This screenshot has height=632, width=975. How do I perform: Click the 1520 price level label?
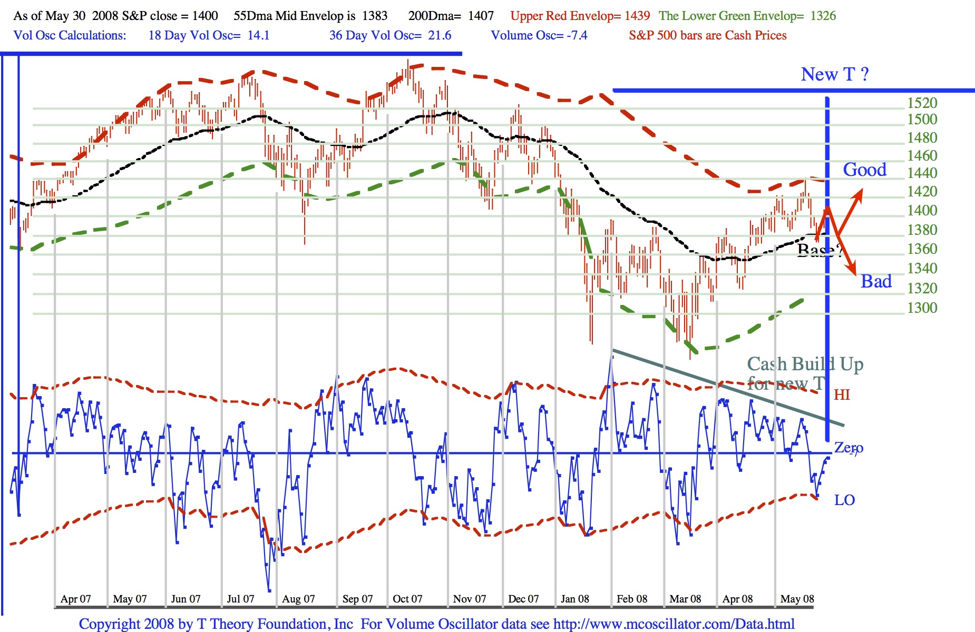pos(922,103)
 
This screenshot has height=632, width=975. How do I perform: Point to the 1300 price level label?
pos(922,308)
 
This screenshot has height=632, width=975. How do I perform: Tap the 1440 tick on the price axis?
pos(922,173)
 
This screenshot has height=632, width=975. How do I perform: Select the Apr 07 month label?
pos(75,599)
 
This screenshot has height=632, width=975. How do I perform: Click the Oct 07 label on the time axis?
pos(407,599)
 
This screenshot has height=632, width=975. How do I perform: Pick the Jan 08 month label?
pos(574,599)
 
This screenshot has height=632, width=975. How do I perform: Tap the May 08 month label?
pos(797,599)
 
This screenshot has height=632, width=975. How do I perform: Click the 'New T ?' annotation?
pos(834,74)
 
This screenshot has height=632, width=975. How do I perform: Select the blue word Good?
pos(864,170)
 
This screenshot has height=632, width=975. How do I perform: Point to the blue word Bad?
pos(876,281)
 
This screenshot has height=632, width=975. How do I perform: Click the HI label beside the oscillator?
pos(842,394)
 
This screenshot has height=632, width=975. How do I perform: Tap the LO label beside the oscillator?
pos(844,500)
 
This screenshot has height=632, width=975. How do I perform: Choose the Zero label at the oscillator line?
pos(849,448)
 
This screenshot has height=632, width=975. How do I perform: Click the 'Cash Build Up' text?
pos(805,364)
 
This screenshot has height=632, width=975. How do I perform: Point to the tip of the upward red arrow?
pos(862,190)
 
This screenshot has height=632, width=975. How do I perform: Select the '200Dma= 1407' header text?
pos(451,16)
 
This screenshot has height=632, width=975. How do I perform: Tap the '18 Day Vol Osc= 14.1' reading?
pos(209,35)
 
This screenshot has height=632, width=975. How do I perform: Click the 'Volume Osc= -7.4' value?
pos(539,35)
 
